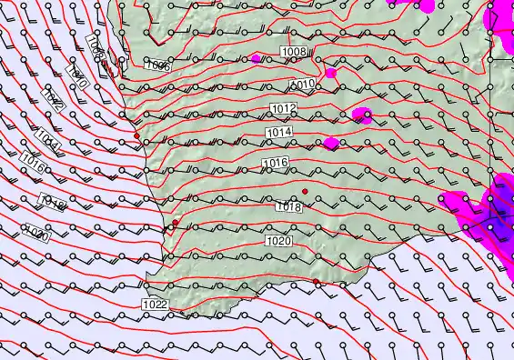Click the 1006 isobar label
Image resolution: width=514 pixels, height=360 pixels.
[x=157, y=65]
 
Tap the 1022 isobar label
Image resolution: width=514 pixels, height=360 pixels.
[x=155, y=304]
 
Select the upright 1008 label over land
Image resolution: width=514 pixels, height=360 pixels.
[x=293, y=52]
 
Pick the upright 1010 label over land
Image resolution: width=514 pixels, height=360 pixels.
[x=303, y=85]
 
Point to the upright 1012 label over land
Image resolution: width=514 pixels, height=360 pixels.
[x=283, y=109]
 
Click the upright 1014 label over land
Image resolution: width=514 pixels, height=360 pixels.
[x=279, y=133]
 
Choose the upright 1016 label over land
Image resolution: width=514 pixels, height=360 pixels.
[x=275, y=163]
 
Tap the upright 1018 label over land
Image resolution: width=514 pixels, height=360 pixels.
[x=288, y=207]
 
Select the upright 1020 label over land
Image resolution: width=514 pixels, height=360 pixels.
[x=279, y=241]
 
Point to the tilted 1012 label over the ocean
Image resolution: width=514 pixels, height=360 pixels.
[x=52, y=102]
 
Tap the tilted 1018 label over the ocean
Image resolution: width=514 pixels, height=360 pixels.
[x=51, y=203]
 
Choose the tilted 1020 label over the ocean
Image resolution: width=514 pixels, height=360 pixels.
[x=37, y=233]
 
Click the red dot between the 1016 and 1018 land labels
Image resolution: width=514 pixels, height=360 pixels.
[x=306, y=191]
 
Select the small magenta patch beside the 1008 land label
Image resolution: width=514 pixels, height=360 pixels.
[x=256, y=58]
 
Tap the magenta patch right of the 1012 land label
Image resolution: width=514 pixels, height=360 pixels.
[x=362, y=115]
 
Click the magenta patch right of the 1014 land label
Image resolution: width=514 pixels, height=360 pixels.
[x=330, y=143]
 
